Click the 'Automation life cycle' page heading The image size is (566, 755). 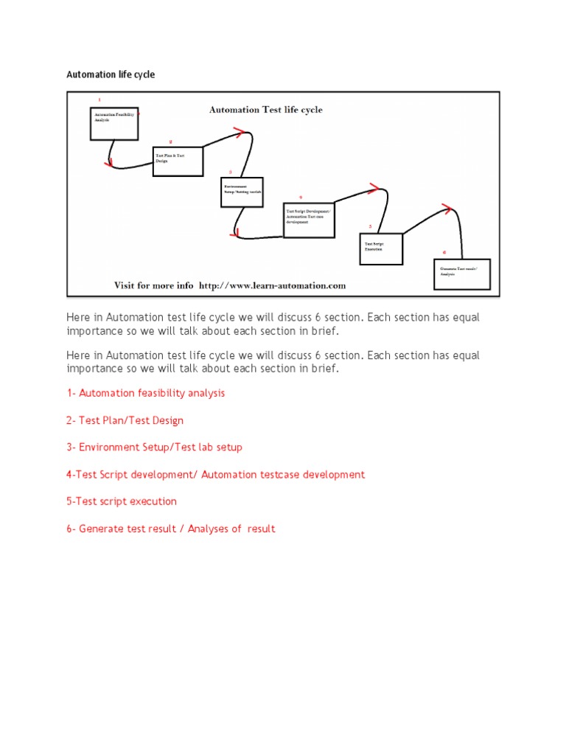[111, 74]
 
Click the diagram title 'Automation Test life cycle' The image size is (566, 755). [265, 110]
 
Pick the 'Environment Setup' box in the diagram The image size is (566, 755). [242, 192]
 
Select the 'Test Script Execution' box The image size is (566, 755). [382, 248]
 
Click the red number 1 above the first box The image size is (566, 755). [99, 100]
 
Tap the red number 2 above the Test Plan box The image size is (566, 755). [170, 142]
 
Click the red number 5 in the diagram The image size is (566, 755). [371, 227]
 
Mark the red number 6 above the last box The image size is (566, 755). [444, 251]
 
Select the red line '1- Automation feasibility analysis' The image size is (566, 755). [146, 393]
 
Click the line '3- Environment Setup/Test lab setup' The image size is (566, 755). [154, 447]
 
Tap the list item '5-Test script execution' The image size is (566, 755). [122, 501]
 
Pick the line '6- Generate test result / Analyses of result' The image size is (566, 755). [170, 529]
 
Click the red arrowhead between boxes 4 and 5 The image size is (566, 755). [374, 189]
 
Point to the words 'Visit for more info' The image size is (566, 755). [153, 285]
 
